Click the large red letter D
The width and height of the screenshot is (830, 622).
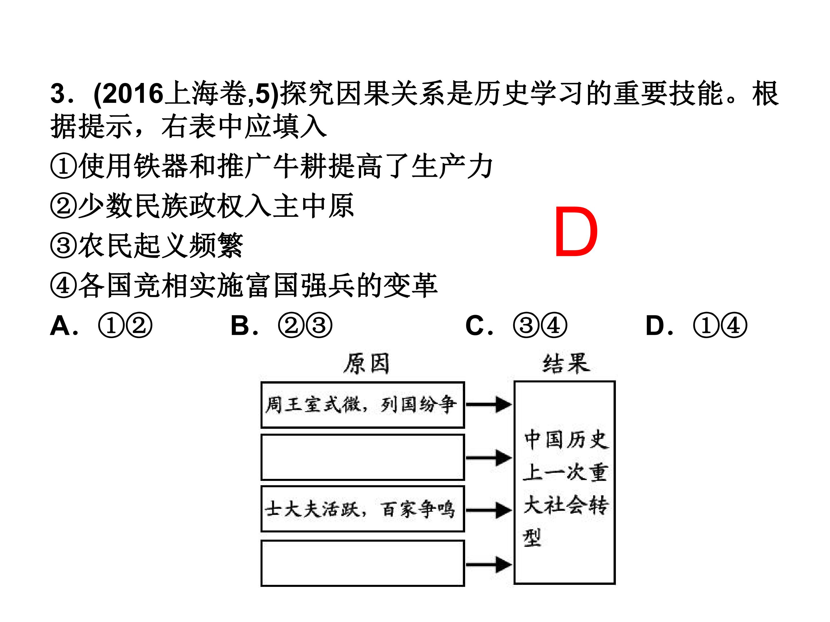coord(576,232)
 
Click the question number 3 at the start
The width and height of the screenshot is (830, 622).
coord(58,93)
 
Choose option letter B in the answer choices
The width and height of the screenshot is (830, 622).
coord(240,325)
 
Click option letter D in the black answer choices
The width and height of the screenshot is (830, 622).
coord(655,325)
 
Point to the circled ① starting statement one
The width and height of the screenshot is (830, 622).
coord(64,166)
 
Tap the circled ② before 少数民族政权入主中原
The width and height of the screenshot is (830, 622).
coord(64,205)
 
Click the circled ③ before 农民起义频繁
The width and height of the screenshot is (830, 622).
coord(64,245)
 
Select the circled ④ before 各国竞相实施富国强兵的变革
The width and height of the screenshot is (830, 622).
coord(64,285)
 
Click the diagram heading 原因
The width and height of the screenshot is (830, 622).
coord(367,363)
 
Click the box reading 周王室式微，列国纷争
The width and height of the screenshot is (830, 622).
coord(363,405)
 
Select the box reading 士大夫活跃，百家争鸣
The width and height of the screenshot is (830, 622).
coord(363,509)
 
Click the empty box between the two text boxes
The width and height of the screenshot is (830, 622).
coord(363,457)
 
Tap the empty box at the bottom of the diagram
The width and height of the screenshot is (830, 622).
coord(363,563)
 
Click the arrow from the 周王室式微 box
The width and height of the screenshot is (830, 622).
coord(489,405)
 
